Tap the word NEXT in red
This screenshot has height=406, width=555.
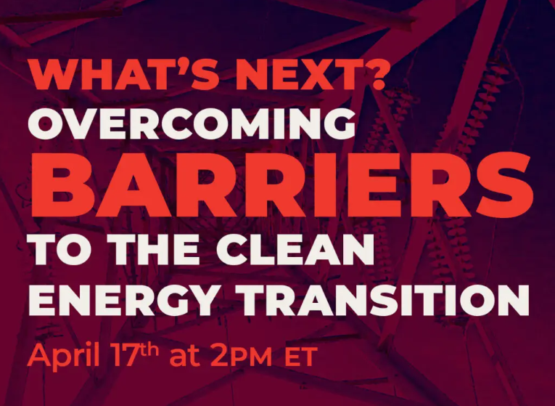coord(297,75)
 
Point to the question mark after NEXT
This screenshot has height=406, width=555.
coord(373,74)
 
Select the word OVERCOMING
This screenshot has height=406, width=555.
coord(192,123)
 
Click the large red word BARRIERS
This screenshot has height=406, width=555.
coord(282,184)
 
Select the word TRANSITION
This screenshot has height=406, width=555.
coord(385,300)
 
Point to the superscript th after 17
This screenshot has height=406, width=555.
coord(149,349)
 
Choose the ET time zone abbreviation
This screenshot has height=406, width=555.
coord(301,357)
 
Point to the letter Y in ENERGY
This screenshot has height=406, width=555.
coord(199,300)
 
